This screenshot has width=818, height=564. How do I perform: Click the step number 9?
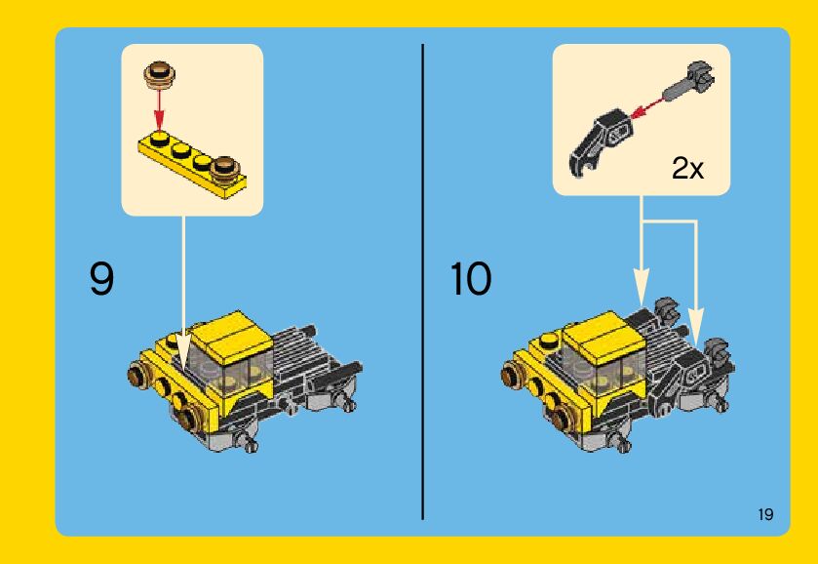pyautogui.click(x=101, y=279)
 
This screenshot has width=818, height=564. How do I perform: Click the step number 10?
pyautogui.click(x=471, y=279)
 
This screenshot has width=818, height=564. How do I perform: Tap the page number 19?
pyautogui.click(x=765, y=514)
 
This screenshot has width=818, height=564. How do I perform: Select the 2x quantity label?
pyautogui.click(x=687, y=168)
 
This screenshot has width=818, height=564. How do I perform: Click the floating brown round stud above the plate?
pyautogui.click(x=160, y=72)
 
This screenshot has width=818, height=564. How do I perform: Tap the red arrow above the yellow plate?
pyautogui.click(x=160, y=107)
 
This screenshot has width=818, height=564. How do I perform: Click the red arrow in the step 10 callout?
pyautogui.click(x=646, y=107)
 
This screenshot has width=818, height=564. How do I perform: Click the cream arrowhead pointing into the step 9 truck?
pyautogui.click(x=183, y=351)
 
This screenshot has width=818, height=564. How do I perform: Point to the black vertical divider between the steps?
pyautogui.click(x=422, y=282)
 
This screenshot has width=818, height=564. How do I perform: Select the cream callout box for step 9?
pyautogui.click(x=192, y=130)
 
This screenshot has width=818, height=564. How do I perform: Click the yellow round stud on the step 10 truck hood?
pyautogui.click(x=548, y=341)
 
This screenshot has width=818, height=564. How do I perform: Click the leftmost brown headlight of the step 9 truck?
pyautogui.click(x=137, y=375)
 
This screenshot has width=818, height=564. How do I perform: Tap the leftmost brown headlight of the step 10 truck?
pyautogui.click(x=511, y=375)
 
